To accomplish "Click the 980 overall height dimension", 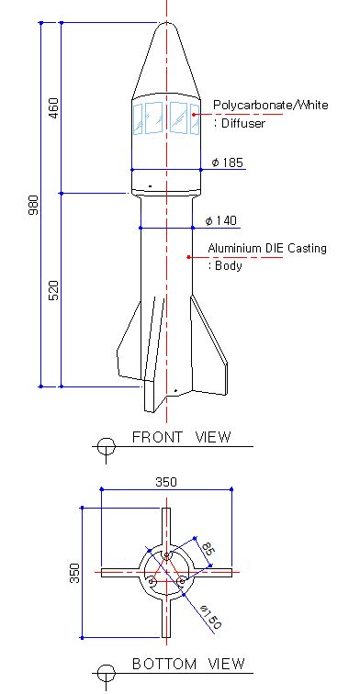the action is tap(34, 205).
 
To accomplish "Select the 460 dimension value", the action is tap(53, 108).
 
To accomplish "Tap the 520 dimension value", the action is tap(53, 290).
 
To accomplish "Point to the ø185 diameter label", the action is tap(228, 162).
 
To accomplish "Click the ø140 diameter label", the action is tap(221, 220).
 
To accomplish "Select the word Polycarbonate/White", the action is tap(271, 106).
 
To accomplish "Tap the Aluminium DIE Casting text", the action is tap(267, 248).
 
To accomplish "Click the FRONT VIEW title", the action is tap(182, 437).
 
